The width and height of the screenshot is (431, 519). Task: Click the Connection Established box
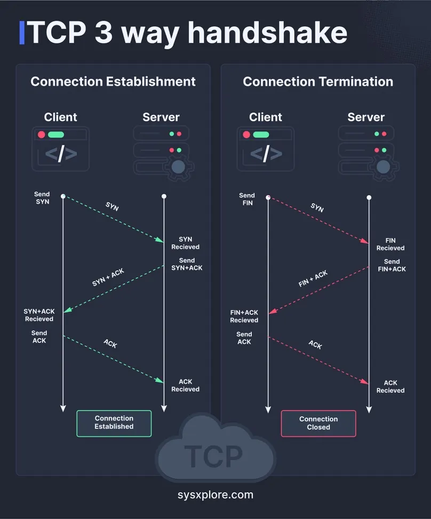pos(114,423)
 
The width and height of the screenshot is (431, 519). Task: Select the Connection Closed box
pos(318,423)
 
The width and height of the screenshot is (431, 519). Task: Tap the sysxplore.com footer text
pos(215,494)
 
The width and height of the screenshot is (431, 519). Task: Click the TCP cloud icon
pos(215,447)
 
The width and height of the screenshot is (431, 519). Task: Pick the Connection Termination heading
pos(318,81)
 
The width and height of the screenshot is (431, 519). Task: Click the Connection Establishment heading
pos(113,81)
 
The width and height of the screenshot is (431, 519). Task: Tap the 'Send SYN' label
pos(42,198)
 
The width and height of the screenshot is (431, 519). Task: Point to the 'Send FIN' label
pos(247,199)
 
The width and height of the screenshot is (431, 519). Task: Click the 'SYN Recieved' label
pos(185,243)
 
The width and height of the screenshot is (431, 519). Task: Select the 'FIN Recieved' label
pos(390,244)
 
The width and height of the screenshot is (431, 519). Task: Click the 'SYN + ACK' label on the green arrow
pos(108,277)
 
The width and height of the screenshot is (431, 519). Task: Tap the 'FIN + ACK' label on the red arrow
pos(313,279)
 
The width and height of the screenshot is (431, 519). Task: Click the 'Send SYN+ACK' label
pos(187,264)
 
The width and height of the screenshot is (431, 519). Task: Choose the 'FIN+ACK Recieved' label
pos(244,316)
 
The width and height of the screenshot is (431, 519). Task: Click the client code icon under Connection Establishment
pos(60,148)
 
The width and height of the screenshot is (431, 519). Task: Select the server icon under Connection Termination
pos(368,153)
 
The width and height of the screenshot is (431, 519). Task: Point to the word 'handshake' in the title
pos(268,33)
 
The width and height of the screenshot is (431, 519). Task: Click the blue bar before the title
pos(22,33)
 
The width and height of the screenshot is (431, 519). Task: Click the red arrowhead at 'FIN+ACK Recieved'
pos(273,311)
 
